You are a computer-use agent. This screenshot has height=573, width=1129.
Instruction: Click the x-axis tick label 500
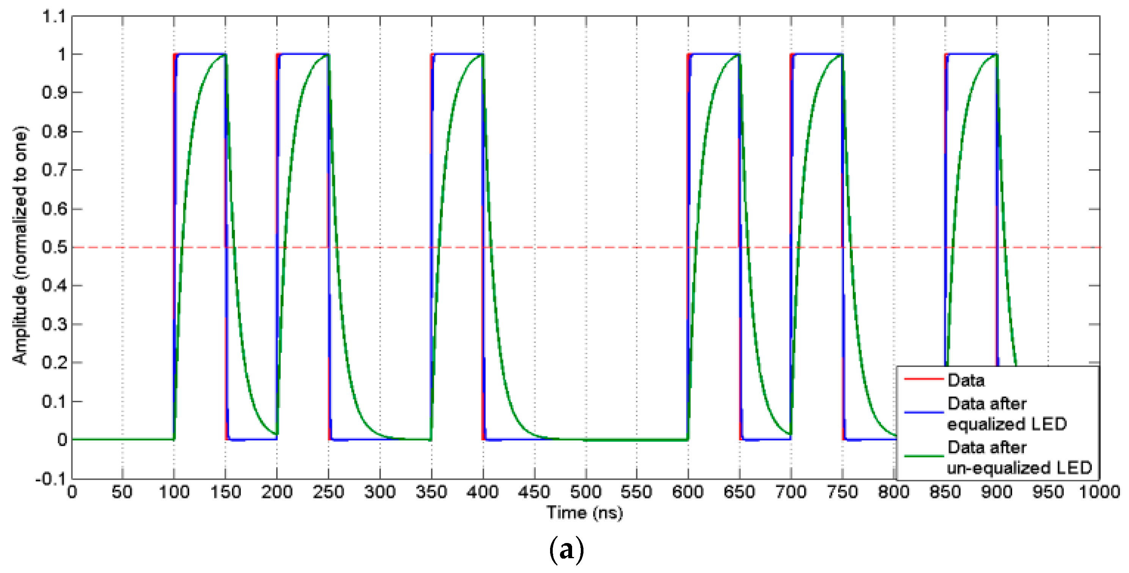pyautogui.click(x=585, y=492)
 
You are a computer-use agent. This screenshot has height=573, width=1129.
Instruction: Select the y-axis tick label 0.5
pyautogui.click(x=55, y=247)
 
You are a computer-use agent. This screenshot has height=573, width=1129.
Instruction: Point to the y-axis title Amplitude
pyautogui.click(x=20, y=246)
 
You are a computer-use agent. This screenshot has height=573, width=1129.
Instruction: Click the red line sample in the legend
pyautogui.click(x=923, y=379)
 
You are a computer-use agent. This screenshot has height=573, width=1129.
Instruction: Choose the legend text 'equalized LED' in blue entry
pyautogui.click(x=1007, y=424)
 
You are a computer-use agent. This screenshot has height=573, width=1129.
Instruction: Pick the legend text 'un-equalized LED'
pyautogui.click(x=1019, y=468)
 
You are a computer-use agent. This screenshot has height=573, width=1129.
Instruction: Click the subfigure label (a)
pyautogui.click(x=566, y=549)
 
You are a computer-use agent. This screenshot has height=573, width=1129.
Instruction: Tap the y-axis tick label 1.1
pyautogui.click(x=54, y=17)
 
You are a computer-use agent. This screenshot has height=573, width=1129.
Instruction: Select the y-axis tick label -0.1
pyautogui.click(x=51, y=479)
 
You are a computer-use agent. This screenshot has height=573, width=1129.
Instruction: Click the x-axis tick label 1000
pyautogui.click(x=1099, y=492)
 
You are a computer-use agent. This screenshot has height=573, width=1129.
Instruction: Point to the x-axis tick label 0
pyautogui.click(x=72, y=492)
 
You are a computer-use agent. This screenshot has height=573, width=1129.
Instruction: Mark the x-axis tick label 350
pyautogui.click(x=431, y=492)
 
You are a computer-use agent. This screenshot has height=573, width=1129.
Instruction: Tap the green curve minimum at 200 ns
pyautogui.click(x=277, y=434)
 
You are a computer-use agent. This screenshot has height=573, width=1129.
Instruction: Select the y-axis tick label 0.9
pyautogui.click(x=55, y=93)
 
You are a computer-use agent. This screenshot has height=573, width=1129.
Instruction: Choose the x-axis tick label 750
pyautogui.click(x=842, y=492)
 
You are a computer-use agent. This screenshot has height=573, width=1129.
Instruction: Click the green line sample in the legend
pyautogui.click(x=923, y=457)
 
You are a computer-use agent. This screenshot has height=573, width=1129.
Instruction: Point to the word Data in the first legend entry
pyautogui.click(x=966, y=380)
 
